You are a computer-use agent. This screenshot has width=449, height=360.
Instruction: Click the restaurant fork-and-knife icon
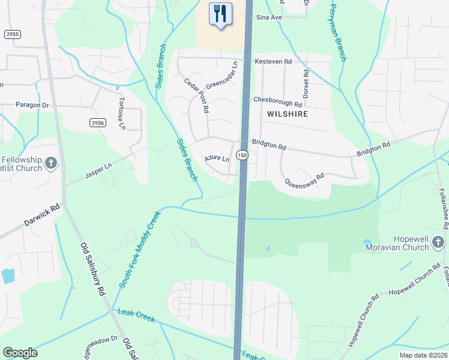[220, 13]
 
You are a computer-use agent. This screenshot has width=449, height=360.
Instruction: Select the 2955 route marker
[12, 34]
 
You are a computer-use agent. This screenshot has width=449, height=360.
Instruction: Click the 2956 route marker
[98, 122]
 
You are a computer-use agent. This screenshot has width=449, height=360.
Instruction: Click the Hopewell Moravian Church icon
[439, 242]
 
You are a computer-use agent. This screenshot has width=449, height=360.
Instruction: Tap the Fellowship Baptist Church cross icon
[51, 162]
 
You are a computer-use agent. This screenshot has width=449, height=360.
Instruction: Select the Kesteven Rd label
[273, 61]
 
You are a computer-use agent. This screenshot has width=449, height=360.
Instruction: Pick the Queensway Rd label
[304, 178]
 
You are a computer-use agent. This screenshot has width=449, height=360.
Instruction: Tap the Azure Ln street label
[217, 159]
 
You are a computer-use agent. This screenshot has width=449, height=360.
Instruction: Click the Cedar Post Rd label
[196, 96]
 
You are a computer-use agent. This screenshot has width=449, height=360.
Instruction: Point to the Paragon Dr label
[32, 105]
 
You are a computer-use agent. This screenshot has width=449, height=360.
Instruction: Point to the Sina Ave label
[270, 18]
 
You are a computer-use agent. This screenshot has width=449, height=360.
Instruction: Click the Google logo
[20, 353]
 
